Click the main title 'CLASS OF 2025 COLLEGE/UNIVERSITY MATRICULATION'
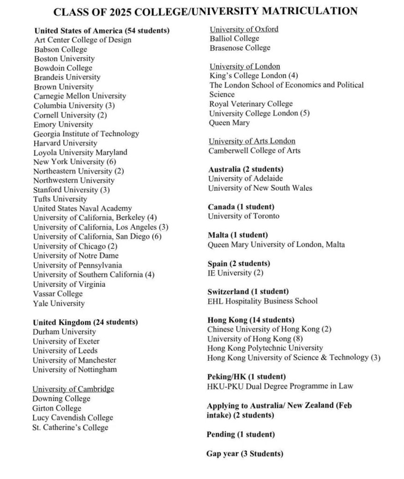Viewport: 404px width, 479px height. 205,11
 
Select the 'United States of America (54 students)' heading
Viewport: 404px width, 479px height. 101,30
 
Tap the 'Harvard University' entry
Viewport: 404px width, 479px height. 65,143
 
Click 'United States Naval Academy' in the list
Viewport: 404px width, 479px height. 82,209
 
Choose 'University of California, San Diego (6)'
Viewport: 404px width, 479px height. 97,237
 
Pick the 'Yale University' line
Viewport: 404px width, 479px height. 58,303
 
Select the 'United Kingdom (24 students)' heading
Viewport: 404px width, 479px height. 85,322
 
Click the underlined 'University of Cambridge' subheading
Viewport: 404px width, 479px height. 73,389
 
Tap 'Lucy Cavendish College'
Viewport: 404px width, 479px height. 72,418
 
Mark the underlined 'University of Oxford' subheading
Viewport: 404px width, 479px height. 244,29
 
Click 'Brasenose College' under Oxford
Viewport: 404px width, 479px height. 240,48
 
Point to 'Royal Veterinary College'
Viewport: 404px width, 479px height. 251,104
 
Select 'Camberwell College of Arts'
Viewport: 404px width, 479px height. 254,151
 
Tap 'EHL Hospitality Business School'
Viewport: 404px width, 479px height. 262,301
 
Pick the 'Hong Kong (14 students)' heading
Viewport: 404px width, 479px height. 251,320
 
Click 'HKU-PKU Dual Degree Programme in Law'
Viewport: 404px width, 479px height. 280,386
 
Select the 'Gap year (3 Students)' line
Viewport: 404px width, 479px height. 245,454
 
